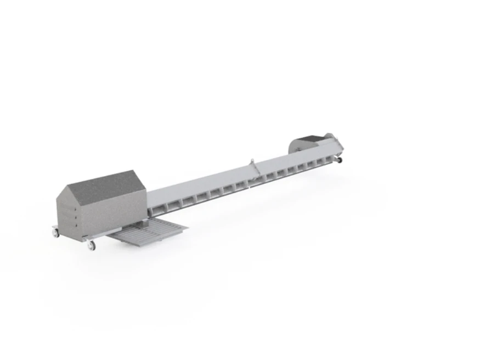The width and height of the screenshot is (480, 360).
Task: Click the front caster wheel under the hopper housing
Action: (91, 245)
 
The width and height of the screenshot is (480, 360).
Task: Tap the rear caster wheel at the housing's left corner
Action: (55, 233)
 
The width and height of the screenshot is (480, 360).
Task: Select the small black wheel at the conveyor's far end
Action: (339, 160)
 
